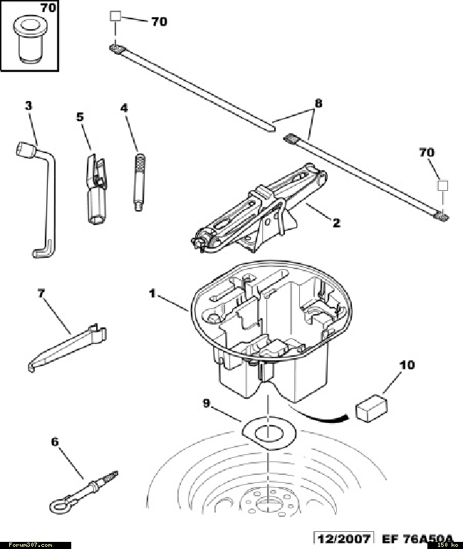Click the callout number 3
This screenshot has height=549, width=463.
[28, 105]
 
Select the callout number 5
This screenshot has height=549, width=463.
[80, 117]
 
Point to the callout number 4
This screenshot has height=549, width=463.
[124, 108]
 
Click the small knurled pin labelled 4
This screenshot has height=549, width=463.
[140, 182]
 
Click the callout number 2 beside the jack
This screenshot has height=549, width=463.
[336, 223]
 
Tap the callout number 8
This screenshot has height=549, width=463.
[318, 103]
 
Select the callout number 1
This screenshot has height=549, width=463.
[152, 293]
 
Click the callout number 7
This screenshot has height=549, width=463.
[41, 293]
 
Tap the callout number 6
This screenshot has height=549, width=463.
[55, 442]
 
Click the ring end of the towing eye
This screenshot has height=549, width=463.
[59, 504]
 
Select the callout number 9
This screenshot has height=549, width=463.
[207, 403]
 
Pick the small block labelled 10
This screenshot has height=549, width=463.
[371, 408]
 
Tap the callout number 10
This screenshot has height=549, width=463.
[407, 365]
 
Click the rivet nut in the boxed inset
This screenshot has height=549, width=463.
[29, 39]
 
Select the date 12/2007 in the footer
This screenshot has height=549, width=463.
[343, 538]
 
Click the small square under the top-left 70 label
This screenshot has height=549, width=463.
[115, 16]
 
